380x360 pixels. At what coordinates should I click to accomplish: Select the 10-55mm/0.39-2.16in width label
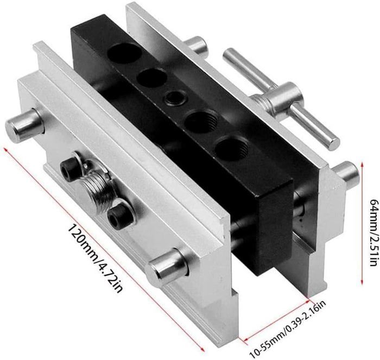pyautogui.click(x=288, y=329)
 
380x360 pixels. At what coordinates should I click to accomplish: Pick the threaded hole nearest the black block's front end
pyautogui.click(x=232, y=149)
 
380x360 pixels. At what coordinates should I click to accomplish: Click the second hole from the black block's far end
pyautogui.click(x=152, y=77)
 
